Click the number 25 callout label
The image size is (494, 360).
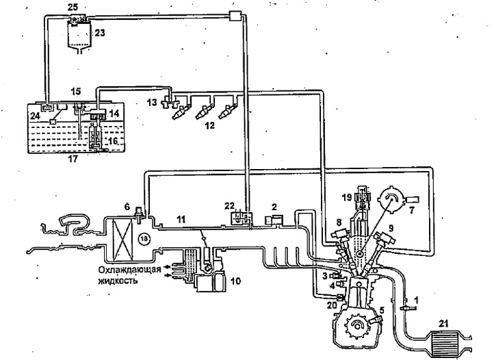[x=73, y=6]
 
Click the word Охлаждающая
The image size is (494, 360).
[x=129, y=269]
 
